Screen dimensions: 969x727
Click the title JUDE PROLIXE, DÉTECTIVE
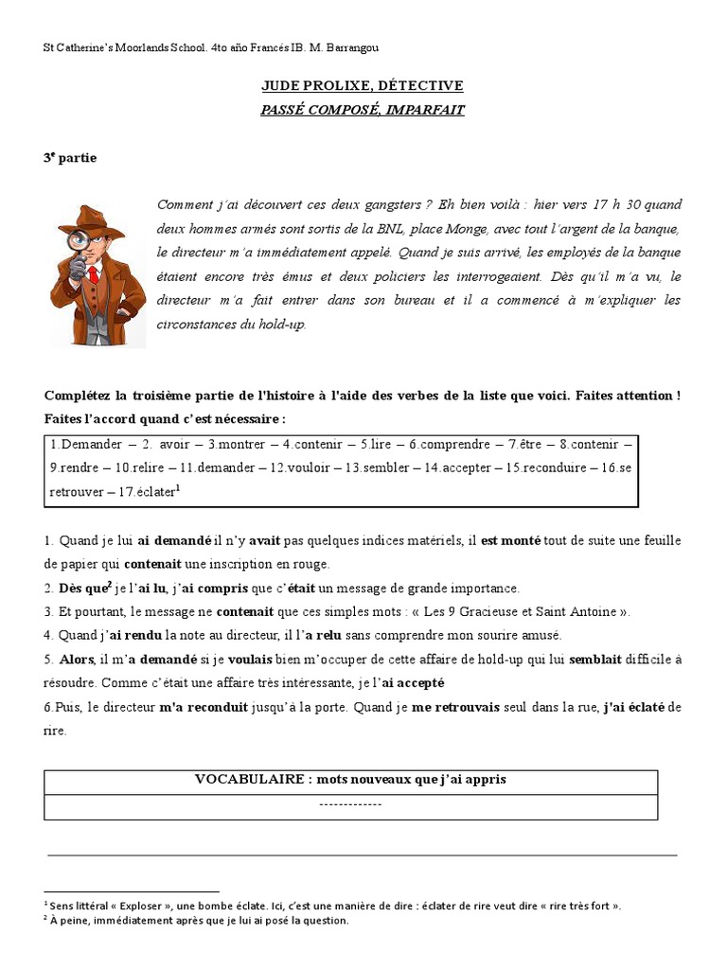tap(363, 86)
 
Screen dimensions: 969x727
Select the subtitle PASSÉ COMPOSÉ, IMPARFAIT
tap(363, 110)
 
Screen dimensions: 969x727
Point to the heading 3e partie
tap(70, 158)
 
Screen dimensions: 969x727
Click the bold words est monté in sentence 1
tap(510, 540)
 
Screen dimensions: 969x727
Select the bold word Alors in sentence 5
tap(77, 660)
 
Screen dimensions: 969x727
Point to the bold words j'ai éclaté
tap(635, 708)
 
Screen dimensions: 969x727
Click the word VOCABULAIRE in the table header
tap(248, 780)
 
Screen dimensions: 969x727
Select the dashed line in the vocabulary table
tap(350, 804)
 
